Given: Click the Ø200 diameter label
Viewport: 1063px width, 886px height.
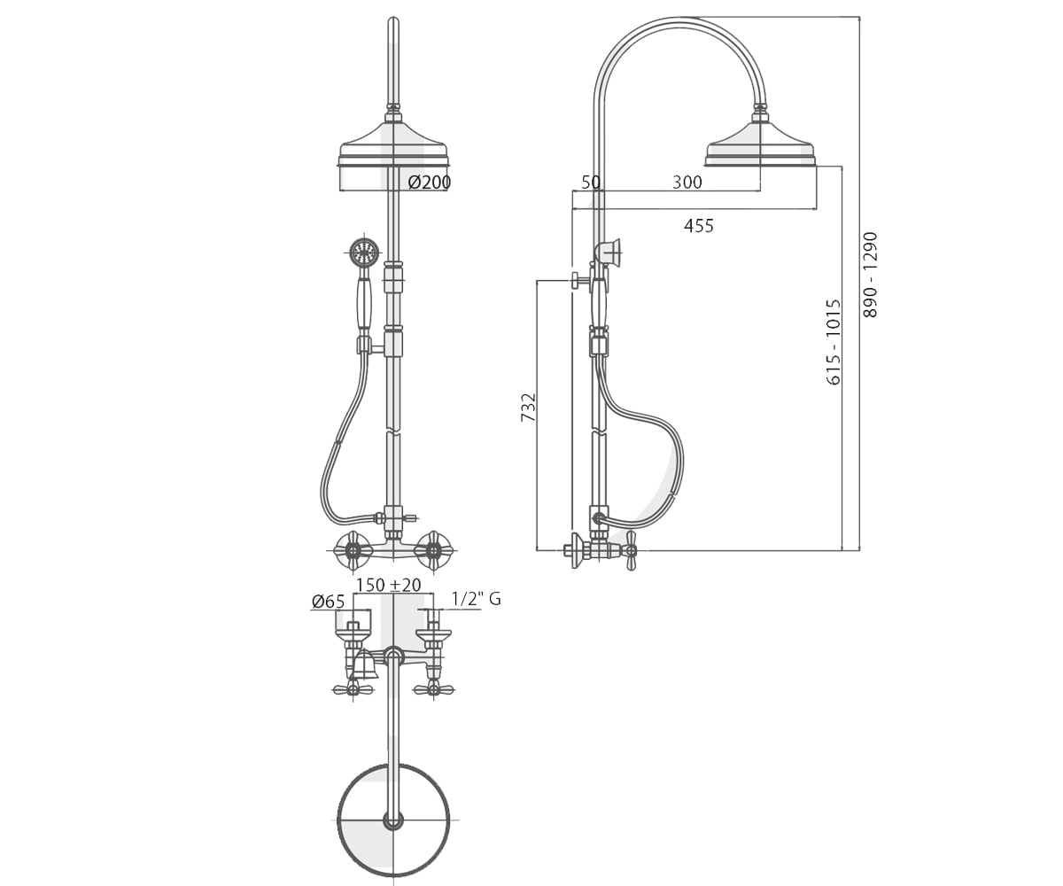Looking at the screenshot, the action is (429, 183).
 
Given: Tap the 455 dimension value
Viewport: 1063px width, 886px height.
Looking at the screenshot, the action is (699, 226).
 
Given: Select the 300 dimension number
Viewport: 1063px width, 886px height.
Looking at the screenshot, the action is (687, 182).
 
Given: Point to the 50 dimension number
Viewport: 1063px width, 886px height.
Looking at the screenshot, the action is (591, 182).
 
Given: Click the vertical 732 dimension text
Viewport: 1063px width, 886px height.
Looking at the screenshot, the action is (529, 407).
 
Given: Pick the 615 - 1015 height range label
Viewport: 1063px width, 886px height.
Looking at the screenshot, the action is (834, 342).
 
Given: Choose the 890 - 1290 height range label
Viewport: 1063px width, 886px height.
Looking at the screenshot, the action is (871, 275).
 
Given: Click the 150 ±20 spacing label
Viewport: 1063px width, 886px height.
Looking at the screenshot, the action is (389, 585).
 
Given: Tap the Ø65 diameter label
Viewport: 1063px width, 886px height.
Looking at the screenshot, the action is (329, 602).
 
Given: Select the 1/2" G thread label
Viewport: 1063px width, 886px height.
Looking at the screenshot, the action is (476, 599).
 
